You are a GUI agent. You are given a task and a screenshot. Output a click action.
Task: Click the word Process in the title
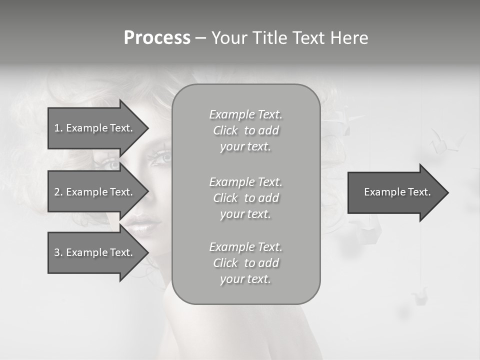click(x=157, y=38)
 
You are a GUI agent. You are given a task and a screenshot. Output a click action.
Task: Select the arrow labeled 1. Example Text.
click(x=95, y=128)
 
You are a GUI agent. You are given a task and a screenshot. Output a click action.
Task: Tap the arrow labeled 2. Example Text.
click(x=95, y=192)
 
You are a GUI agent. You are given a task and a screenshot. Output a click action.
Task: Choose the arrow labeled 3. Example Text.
click(x=95, y=252)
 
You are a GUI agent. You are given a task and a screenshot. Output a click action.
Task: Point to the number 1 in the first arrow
click(x=57, y=128)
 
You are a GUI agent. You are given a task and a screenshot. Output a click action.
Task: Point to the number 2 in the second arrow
click(x=57, y=192)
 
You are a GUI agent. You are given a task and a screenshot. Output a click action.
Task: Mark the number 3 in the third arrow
click(x=57, y=252)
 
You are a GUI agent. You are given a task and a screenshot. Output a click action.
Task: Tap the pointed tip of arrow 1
click(x=147, y=128)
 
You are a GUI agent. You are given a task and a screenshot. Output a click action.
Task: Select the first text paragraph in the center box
click(x=245, y=130)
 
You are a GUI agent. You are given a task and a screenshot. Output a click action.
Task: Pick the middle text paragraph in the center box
click(x=245, y=198)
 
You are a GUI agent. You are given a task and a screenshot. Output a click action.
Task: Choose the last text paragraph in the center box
click(x=245, y=263)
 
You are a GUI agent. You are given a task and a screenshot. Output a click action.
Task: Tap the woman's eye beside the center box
click(x=161, y=157)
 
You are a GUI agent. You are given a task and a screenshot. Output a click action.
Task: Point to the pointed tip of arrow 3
click(x=147, y=252)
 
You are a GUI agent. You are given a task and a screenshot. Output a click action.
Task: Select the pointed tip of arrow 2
click(x=147, y=192)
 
